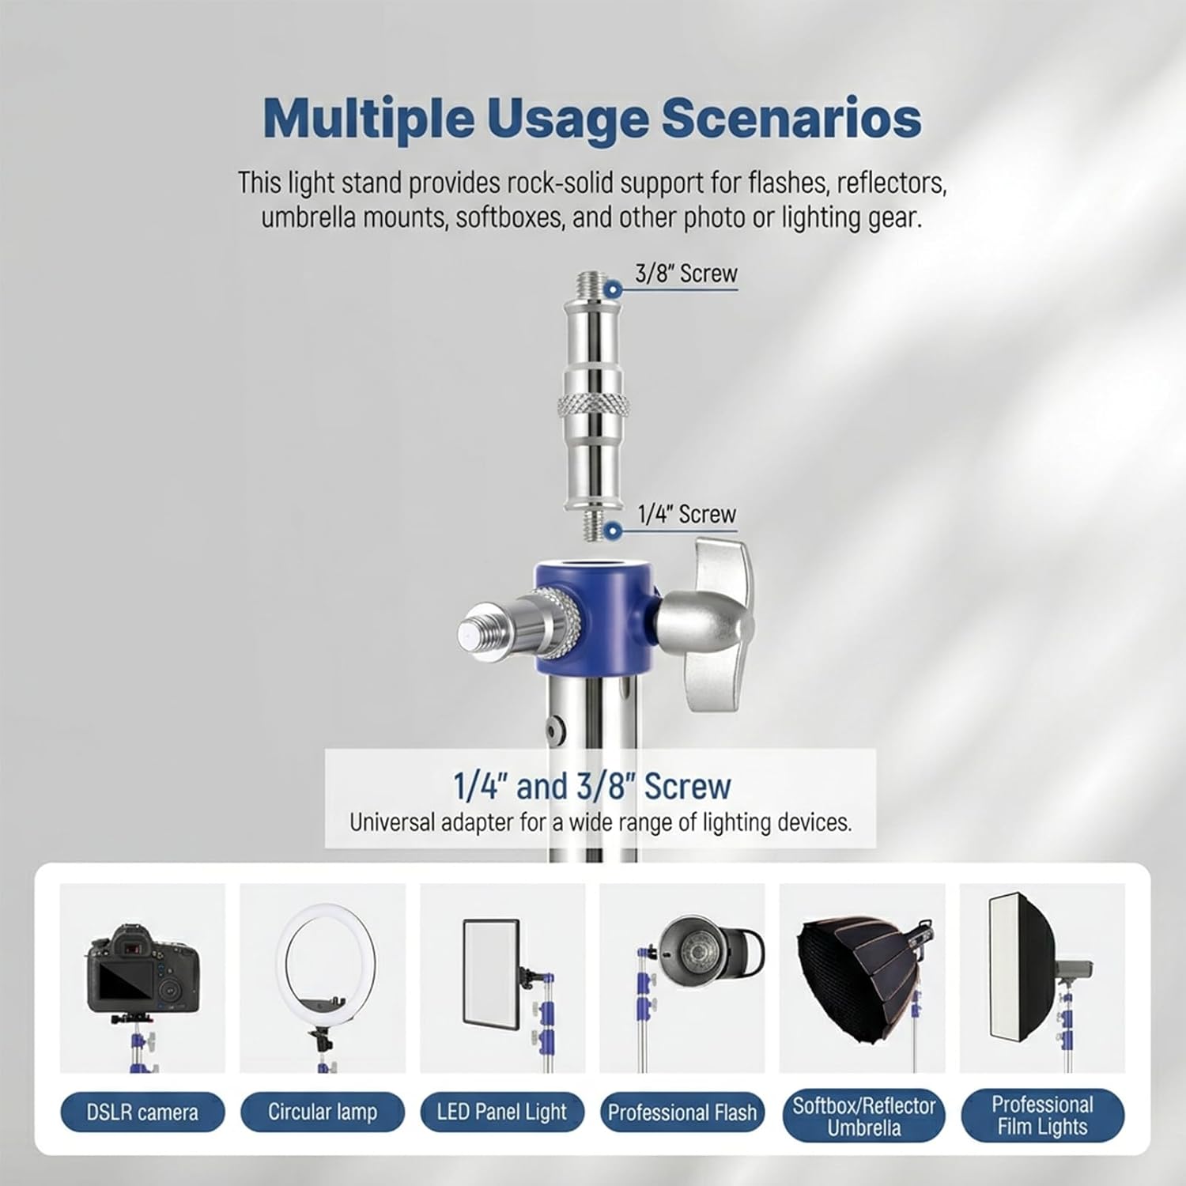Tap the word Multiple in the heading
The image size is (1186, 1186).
coord(368,119)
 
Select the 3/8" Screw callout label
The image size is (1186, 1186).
coord(686,274)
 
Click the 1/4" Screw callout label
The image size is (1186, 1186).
coord(686,514)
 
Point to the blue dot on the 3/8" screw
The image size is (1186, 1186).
coord(613,289)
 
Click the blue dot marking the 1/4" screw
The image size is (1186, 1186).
coord(612,530)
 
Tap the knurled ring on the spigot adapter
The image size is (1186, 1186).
coord(593,406)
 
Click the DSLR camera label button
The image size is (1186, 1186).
coord(142,1112)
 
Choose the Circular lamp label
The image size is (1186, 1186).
coord(323,1112)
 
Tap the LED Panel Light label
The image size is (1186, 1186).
coord(502,1112)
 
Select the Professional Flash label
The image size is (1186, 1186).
coord(682,1112)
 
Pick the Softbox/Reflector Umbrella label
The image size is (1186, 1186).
coord(863,1116)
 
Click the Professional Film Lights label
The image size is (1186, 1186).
coord(1042,1115)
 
